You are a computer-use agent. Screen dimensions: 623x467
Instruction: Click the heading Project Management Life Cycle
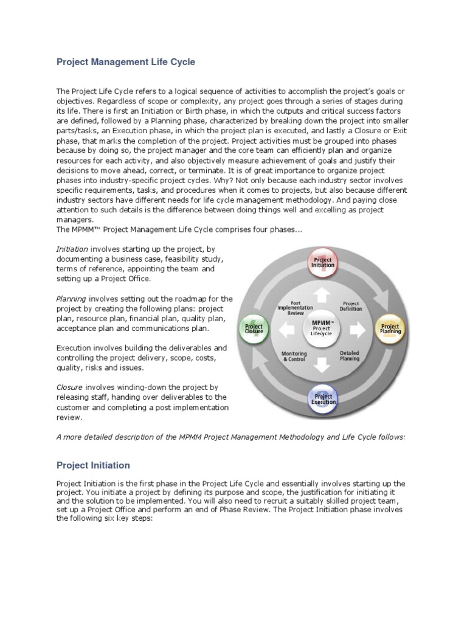coord(126,62)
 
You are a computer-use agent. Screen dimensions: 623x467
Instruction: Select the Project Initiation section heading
coord(93,465)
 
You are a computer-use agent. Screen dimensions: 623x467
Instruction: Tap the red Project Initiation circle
coord(322,262)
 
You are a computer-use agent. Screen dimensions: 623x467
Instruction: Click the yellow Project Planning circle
coord(390,329)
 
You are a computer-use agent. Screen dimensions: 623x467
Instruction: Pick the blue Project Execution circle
coord(323,399)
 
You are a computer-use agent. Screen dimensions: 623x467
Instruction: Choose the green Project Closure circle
coord(254,329)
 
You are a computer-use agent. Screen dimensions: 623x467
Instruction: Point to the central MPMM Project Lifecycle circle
coord(322,329)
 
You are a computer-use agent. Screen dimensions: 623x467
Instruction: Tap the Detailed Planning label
coord(350,355)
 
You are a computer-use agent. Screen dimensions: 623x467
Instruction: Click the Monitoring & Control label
coord(294,356)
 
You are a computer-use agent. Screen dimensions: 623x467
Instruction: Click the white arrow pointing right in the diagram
coord(357,330)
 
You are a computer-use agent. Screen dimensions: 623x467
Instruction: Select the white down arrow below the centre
coord(322,364)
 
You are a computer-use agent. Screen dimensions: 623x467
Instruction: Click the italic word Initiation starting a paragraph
coord(72,249)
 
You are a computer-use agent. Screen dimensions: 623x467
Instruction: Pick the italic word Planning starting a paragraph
coord(71,299)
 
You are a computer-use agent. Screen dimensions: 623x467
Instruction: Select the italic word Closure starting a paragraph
coord(69,387)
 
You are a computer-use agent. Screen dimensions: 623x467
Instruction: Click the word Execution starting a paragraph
coord(74,348)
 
